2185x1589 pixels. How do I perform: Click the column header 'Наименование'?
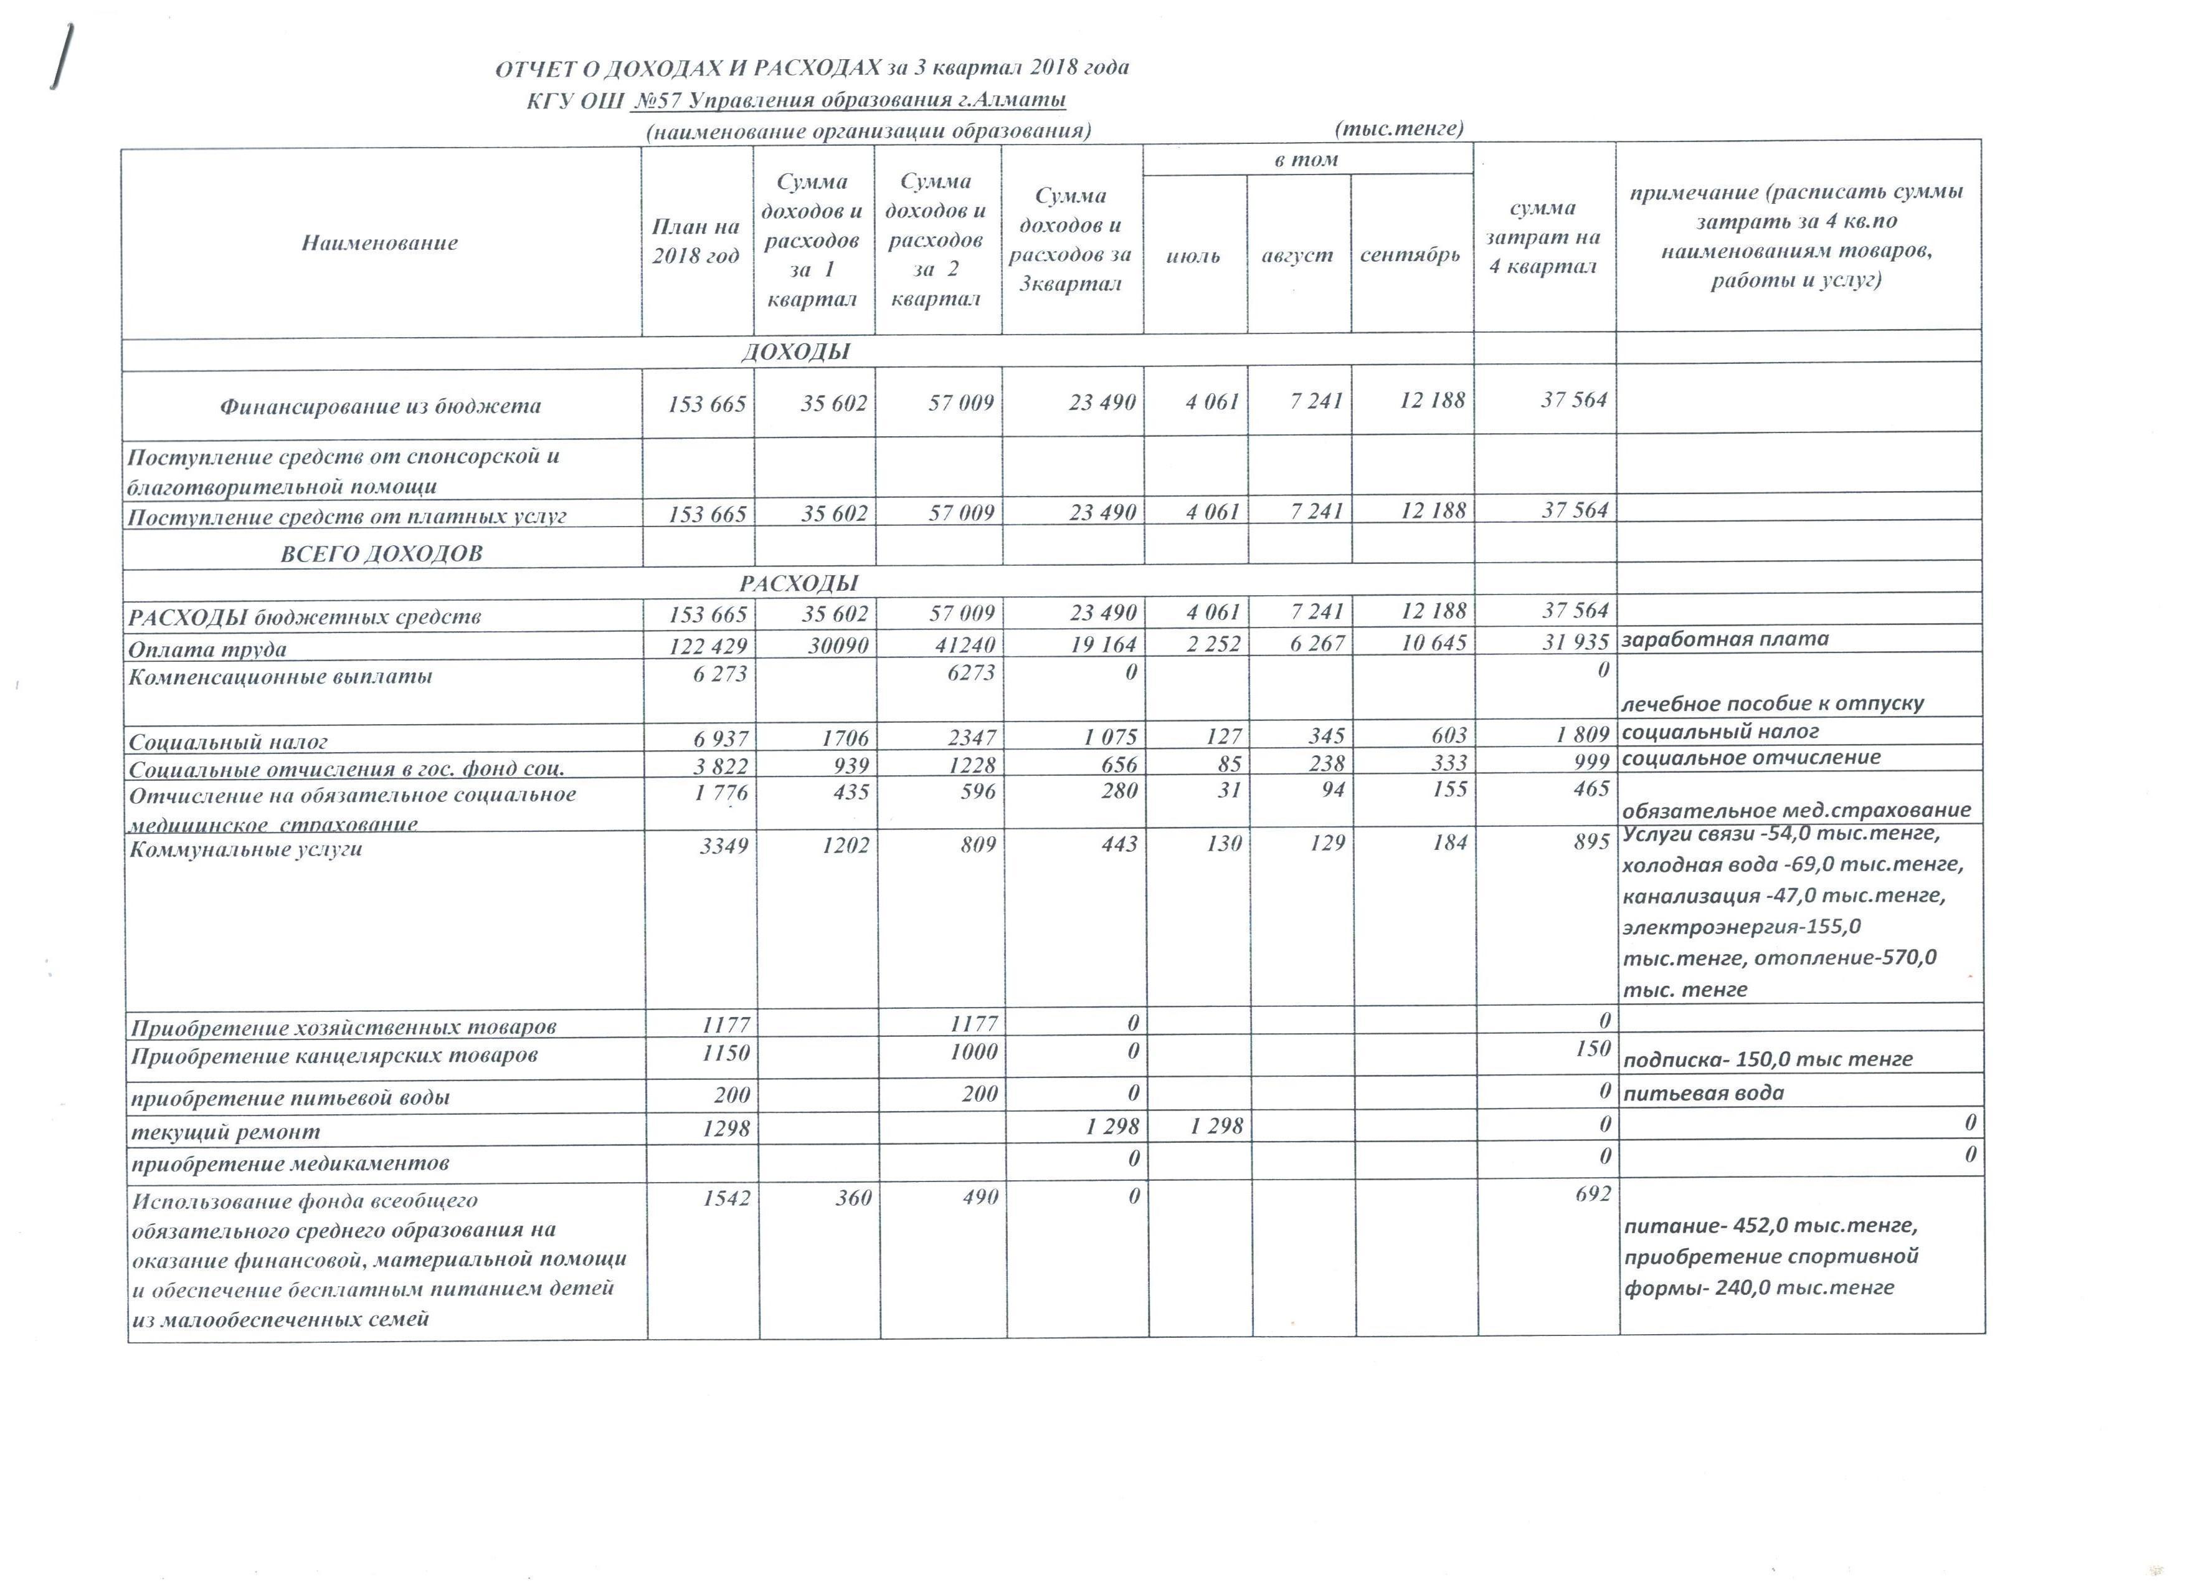tap(379, 243)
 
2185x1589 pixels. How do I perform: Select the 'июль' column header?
tap(1193, 256)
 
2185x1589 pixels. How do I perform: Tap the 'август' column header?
tap(1297, 256)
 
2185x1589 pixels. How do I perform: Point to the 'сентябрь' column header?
tap(1410, 256)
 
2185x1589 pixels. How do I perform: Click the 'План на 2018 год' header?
tap(696, 241)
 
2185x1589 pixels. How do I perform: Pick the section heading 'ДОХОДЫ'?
tap(796, 351)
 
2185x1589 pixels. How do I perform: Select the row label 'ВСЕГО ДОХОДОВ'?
tap(382, 554)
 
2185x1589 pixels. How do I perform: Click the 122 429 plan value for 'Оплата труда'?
tap(708, 646)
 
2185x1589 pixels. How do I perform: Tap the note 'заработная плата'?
tap(1725, 639)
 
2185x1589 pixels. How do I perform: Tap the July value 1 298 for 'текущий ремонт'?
tap(1217, 1125)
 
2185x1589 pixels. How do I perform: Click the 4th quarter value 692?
tap(1593, 1194)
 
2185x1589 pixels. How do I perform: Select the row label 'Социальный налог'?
tap(229, 742)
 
